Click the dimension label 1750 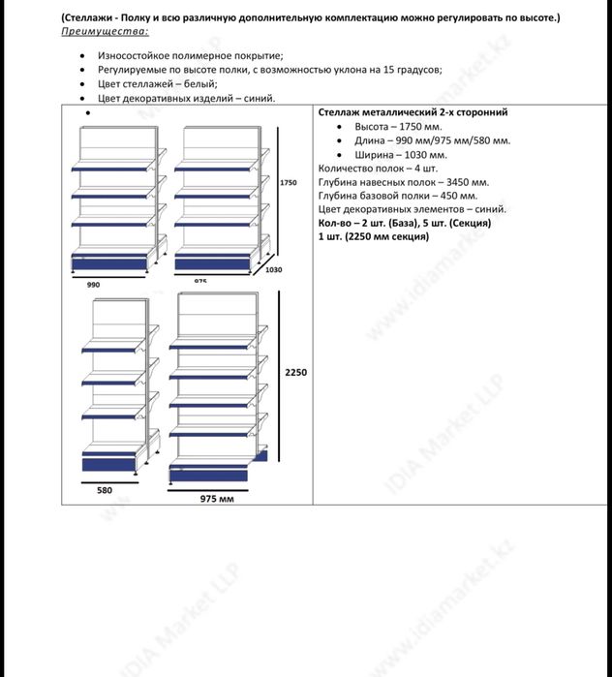[288, 182]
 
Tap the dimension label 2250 [295, 372]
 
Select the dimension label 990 [94, 285]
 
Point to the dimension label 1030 [274, 269]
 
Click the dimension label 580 [105, 490]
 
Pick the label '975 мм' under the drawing [218, 498]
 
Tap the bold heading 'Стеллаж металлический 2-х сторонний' [413, 113]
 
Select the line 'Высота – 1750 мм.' [398, 127]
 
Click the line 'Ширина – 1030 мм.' [401, 155]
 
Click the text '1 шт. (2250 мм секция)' [373, 236]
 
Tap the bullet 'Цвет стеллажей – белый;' [158, 84]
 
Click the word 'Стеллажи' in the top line [89, 18]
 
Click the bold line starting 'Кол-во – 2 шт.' [405, 223]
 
